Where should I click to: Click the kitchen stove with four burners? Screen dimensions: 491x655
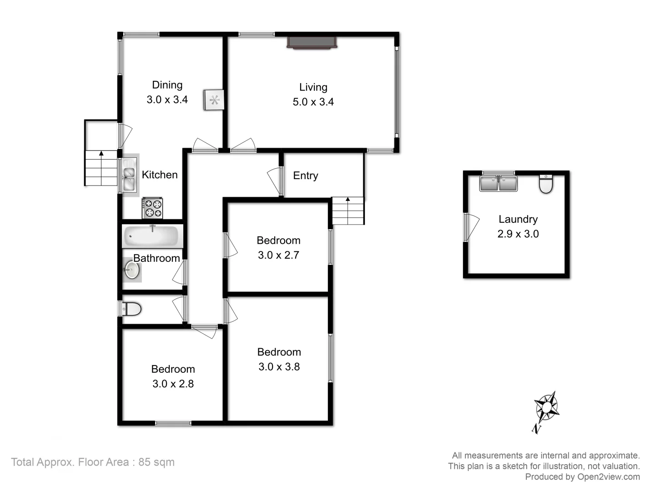152,208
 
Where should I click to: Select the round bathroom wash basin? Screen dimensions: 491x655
131,270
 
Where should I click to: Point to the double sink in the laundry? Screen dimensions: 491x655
499,184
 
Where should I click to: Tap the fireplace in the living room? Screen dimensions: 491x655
312,42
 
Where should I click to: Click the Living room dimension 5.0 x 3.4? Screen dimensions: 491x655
313,102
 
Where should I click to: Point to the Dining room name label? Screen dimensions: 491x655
167,85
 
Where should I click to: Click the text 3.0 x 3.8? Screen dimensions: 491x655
279,366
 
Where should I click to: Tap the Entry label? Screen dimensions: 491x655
305,175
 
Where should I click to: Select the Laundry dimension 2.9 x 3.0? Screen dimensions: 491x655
518,234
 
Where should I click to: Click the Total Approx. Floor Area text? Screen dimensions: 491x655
93,462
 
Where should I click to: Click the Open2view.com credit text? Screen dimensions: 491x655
582,476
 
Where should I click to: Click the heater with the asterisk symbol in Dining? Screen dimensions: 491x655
214,100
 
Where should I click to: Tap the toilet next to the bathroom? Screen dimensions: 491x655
131,309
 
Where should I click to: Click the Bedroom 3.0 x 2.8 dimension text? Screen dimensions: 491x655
173,384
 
